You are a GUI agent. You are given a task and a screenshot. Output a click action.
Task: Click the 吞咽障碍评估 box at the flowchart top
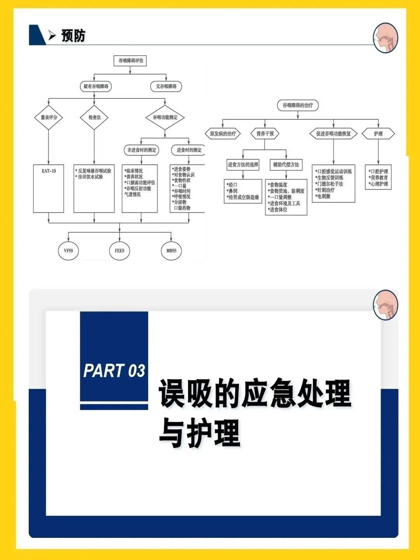131,61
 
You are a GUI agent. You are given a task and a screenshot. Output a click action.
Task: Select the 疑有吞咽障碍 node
96,86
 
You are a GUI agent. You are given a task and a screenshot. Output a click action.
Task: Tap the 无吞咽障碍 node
166,86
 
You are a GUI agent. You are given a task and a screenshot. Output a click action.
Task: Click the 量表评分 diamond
49,117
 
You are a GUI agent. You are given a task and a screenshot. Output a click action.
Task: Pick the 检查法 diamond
94,117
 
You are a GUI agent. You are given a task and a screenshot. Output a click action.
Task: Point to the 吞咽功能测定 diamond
165,117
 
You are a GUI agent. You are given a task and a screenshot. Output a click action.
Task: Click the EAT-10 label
49,171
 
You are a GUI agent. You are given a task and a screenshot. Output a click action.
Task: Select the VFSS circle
68,251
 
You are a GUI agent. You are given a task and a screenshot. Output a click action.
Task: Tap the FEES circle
119,251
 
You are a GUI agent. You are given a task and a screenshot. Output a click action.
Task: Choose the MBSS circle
171,251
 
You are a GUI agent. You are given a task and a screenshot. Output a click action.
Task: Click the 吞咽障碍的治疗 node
297,105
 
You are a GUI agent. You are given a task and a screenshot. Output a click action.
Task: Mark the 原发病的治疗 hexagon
223,134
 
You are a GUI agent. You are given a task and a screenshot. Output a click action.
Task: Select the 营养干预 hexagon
265,134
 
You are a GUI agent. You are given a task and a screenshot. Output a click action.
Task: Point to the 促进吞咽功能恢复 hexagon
333,134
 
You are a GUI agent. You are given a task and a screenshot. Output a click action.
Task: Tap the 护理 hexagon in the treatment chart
378,134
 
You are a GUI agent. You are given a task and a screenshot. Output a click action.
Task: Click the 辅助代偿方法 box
286,164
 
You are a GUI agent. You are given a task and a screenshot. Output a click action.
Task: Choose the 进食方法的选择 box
243,164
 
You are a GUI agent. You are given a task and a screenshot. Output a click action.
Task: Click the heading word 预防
73,36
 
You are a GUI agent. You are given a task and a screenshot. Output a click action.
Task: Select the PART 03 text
114,371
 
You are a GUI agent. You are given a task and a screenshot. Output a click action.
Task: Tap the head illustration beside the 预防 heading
385,38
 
